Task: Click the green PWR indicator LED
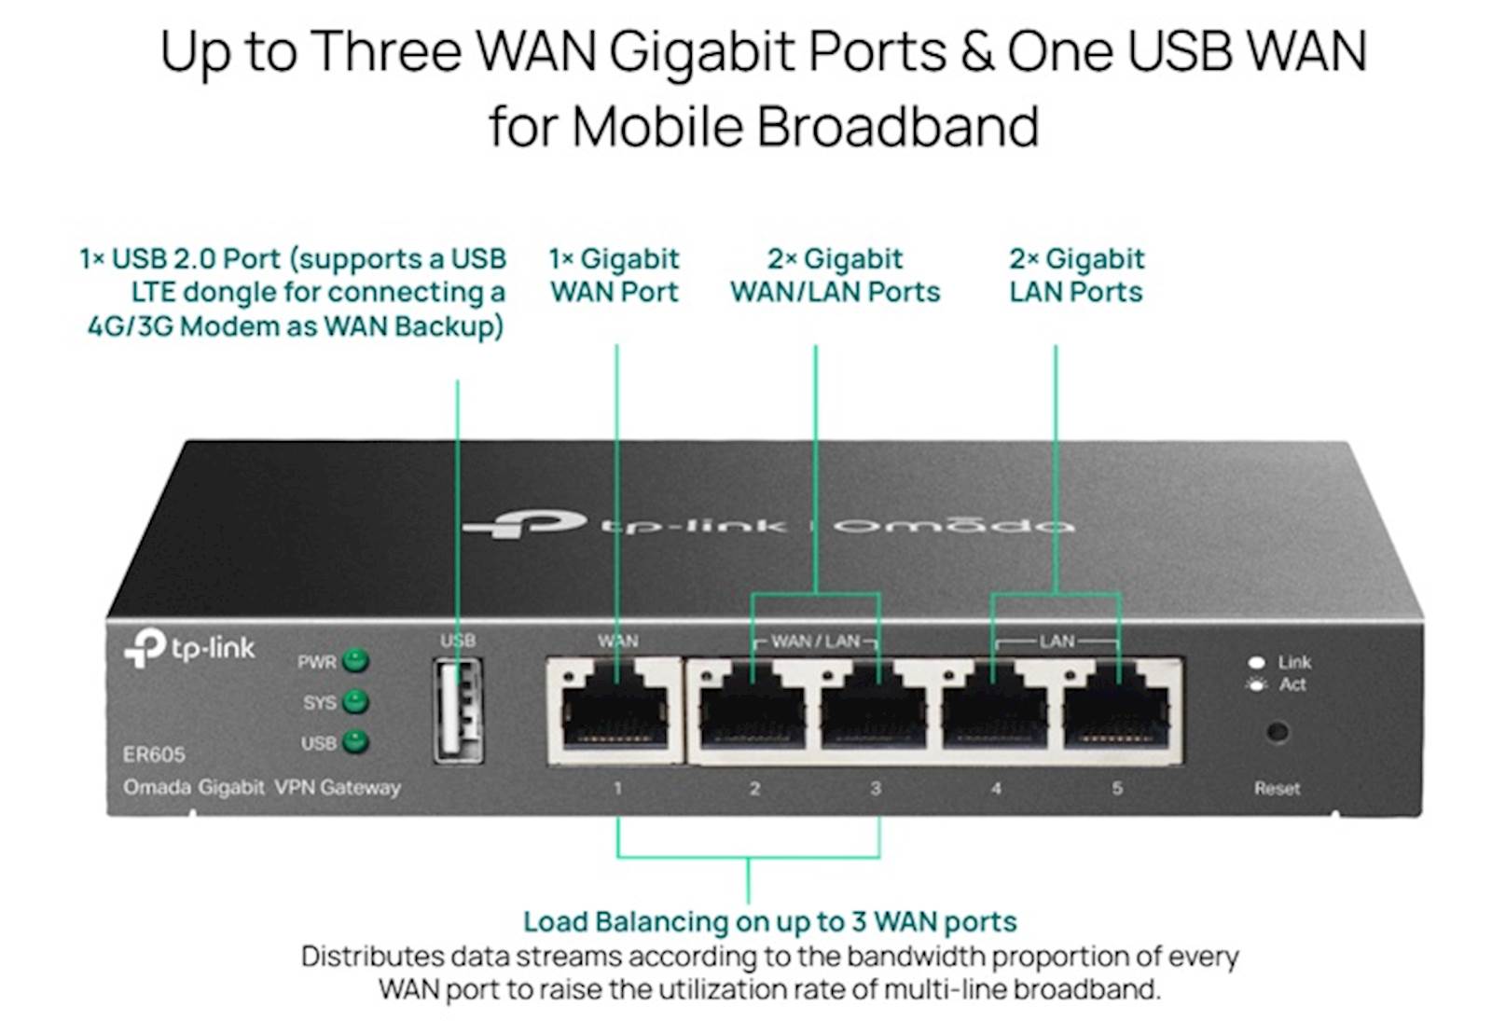pyautogui.click(x=355, y=661)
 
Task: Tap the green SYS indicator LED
pyautogui.click(x=355, y=701)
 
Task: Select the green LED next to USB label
pyautogui.click(x=355, y=742)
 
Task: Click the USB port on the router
pyautogui.click(x=458, y=710)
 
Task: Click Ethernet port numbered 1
pyautogui.click(x=615, y=711)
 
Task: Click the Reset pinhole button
pyautogui.click(x=1277, y=732)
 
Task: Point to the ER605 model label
pyautogui.click(x=154, y=753)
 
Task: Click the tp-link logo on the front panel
pyautogui.click(x=190, y=646)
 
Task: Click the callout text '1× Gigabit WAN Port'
pyautogui.click(x=615, y=275)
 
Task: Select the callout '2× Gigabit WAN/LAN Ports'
pyautogui.click(x=835, y=275)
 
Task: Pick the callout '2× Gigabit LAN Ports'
pyautogui.click(x=1076, y=275)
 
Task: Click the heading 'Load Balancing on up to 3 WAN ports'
pyautogui.click(x=769, y=921)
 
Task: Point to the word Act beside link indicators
pyautogui.click(x=1292, y=684)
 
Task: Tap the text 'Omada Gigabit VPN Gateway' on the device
pyautogui.click(x=262, y=787)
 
